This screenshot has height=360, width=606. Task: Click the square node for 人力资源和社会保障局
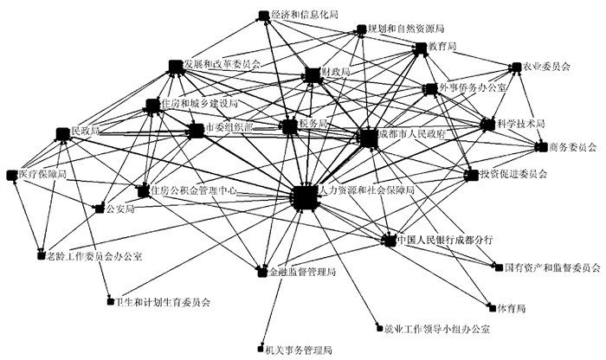[x=304, y=197]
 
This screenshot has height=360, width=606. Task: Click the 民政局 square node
[x=61, y=132]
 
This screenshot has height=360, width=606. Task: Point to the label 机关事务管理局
[x=300, y=350]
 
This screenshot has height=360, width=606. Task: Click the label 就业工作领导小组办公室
[x=436, y=329]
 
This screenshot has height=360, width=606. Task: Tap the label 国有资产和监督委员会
[x=552, y=267]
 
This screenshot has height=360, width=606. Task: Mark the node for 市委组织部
[x=196, y=130]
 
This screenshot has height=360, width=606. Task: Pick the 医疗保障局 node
[x=12, y=175]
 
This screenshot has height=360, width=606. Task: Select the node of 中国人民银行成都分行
[x=388, y=239]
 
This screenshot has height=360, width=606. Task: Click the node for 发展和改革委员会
[x=176, y=66]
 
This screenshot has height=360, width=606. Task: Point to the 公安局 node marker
[x=98, y=208]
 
